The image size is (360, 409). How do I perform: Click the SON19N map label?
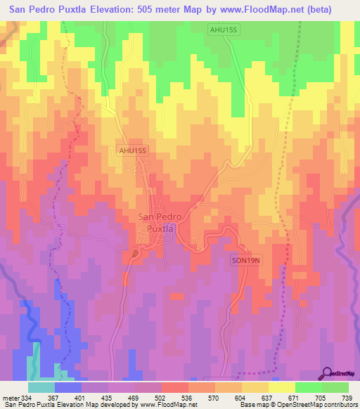[x=247, y=261]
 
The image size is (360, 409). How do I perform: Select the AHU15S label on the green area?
[x=224, y=29]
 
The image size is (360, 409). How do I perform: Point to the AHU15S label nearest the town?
[x=133, y=150]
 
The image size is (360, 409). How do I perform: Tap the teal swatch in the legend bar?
[x=41, y=388]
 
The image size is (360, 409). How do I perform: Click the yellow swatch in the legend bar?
[x=281, y=388]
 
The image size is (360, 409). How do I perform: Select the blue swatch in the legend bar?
[x=68, y=388]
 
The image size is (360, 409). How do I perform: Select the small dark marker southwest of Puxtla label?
[x=134, y=252]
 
